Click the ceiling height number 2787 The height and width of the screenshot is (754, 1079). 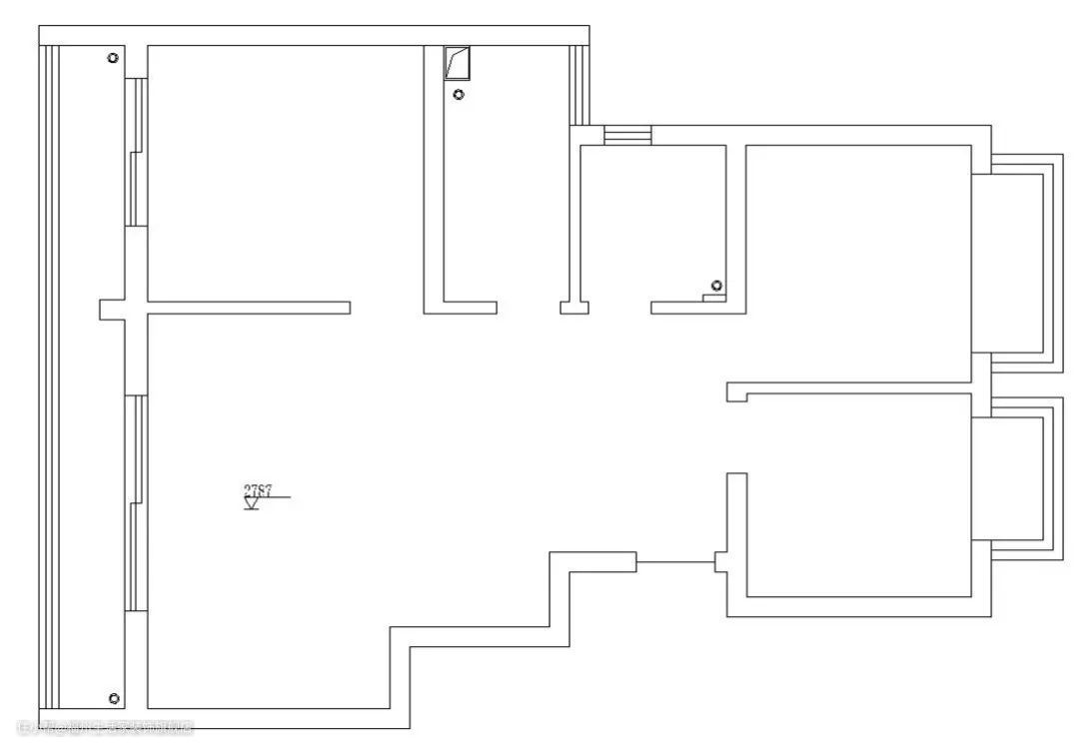coord(258,489)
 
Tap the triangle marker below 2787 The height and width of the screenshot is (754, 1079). coord(252,504)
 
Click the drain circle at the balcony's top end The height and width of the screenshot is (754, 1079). coord(113,58)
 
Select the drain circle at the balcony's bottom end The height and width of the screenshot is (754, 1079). coord(114,698)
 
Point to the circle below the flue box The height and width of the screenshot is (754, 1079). coord(459,95)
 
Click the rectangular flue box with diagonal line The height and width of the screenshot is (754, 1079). coord(458,64)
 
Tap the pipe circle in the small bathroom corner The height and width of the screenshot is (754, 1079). coord(716,286)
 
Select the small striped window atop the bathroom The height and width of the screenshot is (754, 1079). coord(627,135)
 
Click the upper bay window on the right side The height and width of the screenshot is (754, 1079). coord(1019,264)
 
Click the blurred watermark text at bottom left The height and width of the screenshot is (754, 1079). coord(105,727)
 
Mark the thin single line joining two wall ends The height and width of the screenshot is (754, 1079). coord(675,562)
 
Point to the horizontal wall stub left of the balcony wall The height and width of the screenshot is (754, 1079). coord(111,309)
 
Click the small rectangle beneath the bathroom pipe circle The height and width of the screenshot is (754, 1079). coord(713,297)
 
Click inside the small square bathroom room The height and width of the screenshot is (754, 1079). coord(654,220)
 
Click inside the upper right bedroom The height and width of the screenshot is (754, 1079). coord(859,260)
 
